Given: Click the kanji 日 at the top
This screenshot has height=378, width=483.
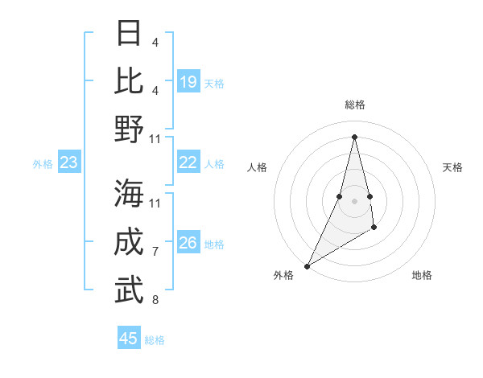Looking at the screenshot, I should pyautogui.click(x=130, y=34).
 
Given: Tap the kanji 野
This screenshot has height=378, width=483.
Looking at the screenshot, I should pyautogui.click(x=130, y=129).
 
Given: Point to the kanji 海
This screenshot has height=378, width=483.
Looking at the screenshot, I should pyautogui.click(x=130, y=194).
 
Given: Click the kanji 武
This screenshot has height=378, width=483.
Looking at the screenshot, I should pyautogui.click(x=130, y=290).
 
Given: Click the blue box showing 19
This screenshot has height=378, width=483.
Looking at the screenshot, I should pyautogui.click(x=188, y=82).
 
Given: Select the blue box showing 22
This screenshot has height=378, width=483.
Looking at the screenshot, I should pyautogui.click(x=188, y=163).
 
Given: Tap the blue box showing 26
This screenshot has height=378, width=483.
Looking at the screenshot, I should pyautogui.click(x=188, y=244).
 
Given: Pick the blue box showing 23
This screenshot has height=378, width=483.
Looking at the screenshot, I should pyautogui.click(x=69, y=163).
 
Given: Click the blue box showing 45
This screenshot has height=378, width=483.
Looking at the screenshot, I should pyautogui.click(x=129, y=339).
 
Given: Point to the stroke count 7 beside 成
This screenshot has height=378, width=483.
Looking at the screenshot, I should pyautogui.click(x=155, y=252).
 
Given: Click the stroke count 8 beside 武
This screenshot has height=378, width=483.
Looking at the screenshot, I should pyautogui.click(x=155, y=300).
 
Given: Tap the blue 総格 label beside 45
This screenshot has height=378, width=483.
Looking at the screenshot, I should pyautogui.click(x=155, y=340).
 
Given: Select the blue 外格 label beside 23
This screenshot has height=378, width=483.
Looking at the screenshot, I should pyautogui.click(x=43, y=164).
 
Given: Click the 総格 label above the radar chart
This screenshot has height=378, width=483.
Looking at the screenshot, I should pyautogui.click(x=354, y=105).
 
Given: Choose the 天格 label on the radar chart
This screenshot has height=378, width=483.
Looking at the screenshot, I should pyautogui.click(x=452, y=167).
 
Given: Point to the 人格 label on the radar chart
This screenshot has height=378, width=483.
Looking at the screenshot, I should pyautogui.click(x=257, y=167).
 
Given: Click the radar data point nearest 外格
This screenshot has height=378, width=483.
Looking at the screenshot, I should pyautogui.click(x=307, y=265).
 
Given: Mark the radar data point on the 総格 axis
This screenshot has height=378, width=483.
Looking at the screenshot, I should pyautogui.click(x=354, y=136).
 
